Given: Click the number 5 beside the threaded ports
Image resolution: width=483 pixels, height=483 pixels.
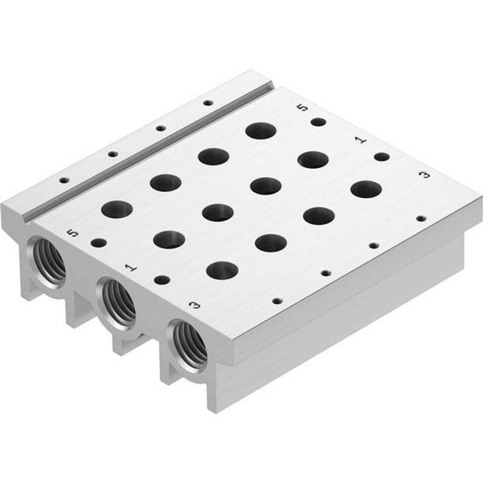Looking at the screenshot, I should (x=73, y=234).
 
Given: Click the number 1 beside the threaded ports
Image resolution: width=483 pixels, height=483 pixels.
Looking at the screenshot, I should (x=129, y=268).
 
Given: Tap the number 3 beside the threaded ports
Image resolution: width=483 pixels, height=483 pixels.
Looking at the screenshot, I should (x=194, y=305).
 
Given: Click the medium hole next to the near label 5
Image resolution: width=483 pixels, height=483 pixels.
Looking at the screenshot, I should (x=99, y=242).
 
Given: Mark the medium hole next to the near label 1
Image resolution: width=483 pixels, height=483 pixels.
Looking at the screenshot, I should (x=162, y=279).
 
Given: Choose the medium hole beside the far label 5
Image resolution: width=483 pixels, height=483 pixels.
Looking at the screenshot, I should (x=318, y=122).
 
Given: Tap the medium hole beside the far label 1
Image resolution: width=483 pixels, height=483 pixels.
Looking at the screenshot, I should (x=382, y=156).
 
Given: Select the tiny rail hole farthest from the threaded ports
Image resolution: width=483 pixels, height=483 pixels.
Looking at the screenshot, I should (x=208, y=103).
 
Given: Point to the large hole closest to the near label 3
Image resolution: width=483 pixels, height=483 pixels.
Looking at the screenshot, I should (x=222, y=270).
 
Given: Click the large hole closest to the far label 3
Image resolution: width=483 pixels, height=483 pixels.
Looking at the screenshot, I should (x=366, y=189).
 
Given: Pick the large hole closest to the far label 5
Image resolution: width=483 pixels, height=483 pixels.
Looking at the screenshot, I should (x=261, y=130).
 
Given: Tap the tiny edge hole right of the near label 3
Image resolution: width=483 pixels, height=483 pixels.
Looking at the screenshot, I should (x=276, y=300).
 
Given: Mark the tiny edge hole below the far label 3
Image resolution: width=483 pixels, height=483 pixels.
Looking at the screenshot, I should (x=421, y=218).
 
